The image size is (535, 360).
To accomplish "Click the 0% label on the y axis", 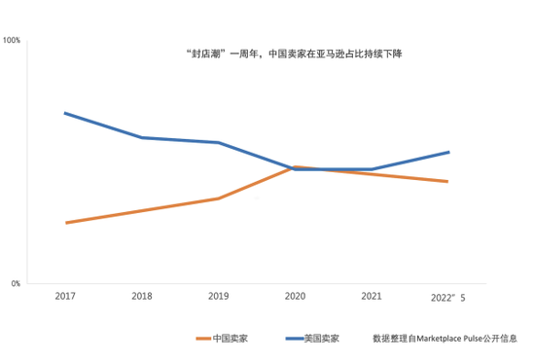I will tap(15, 284).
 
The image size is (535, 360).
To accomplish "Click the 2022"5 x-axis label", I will tap(447, 296).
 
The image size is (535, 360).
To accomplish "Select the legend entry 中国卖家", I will tap(234, 339).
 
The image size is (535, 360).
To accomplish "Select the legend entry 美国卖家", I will tap(322, 339).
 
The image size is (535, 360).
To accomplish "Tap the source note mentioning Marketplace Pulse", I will tap(445, 339).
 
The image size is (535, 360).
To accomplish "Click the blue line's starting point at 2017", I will tap(65, 113).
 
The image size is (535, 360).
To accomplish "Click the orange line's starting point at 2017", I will tap(65, 223).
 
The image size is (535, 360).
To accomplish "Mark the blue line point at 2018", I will tap(142, 137).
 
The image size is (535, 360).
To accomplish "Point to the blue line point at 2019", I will tap(219, 143).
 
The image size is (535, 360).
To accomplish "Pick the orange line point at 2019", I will tap(219, 198).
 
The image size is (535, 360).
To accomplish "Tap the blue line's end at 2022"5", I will tap(448, 152).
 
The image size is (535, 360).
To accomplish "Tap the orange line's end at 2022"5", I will tap(448, 182).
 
